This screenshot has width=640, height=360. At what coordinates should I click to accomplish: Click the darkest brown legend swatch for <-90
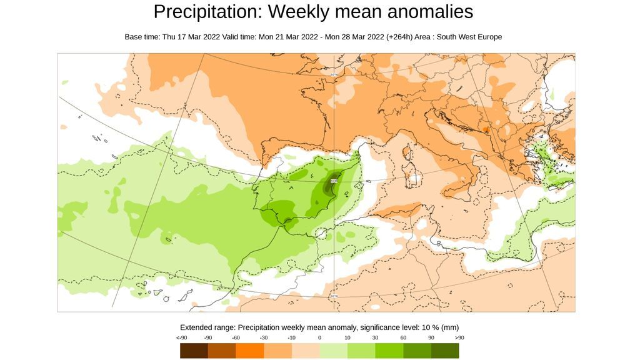(194, 351)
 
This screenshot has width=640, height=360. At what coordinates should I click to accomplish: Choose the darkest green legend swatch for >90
(445, 351)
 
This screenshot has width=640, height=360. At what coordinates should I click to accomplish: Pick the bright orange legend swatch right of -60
(250, 351)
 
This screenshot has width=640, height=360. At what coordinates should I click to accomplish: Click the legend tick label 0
(319, 337)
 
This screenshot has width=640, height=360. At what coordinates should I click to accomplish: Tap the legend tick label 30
(375, 337)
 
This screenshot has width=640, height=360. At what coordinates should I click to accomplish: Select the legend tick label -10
(291, 337)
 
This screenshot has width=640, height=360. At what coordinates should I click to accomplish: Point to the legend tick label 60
(403, 337)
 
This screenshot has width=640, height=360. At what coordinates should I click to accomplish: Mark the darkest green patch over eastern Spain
(330, 186)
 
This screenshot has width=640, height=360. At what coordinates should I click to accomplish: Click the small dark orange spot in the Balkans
(486, 130)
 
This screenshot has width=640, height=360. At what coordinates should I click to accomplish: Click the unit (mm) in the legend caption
(450, 327)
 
